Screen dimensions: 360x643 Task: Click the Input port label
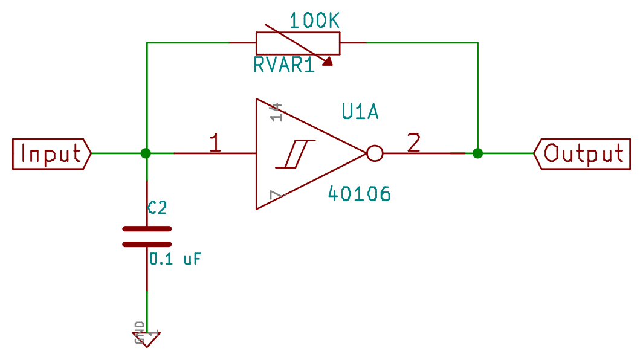[x=51, y=154]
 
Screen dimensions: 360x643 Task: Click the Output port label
[x=583, y=154]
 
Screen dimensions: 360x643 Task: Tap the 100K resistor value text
[x=314, y=21]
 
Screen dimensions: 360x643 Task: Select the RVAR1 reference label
[x=284, y=65]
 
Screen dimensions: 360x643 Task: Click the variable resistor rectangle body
[x=297, y=43]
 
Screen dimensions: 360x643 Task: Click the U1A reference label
[x=360, y=112]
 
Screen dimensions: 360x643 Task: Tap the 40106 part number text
[x=359, y=194]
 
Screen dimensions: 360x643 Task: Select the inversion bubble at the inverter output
[x=375, y=154]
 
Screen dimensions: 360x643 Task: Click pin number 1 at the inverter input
[x=215, y=144]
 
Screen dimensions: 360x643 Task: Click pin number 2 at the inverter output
[x=413, y=143]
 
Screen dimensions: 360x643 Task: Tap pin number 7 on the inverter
[x=276, y=195]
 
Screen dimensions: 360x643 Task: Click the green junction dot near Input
[x=146, y=153]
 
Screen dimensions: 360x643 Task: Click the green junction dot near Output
[x=477, y=153]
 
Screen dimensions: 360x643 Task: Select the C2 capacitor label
[x=157, y=208]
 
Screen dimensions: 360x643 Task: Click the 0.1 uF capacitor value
[x=175, y=260]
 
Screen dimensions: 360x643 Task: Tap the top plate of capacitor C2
[x=147, y=229]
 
